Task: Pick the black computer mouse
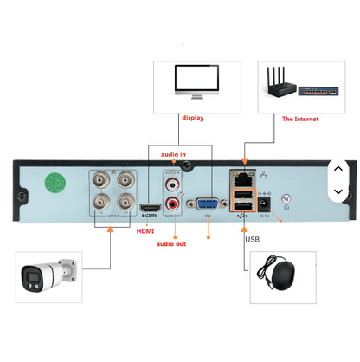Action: (x=282, y=277)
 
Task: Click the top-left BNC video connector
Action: (x=103, y=181)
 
